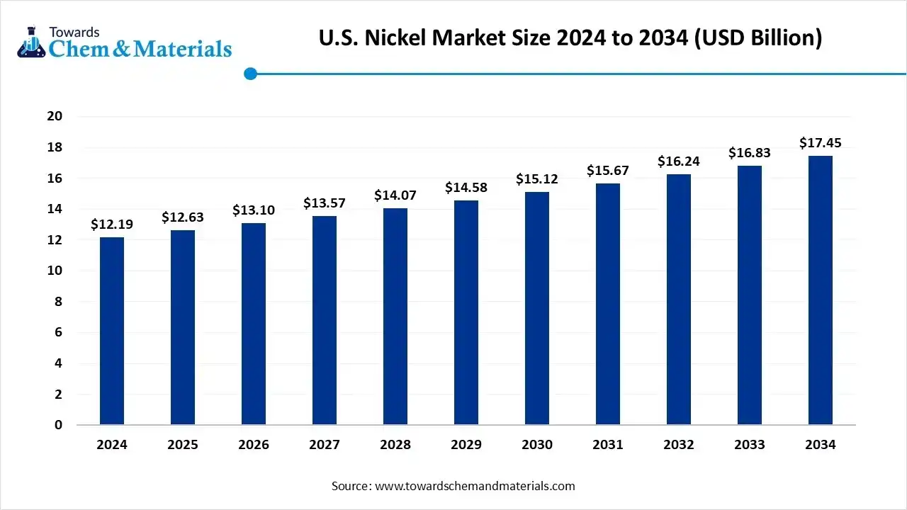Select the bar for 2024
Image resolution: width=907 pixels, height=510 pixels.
tap(112, 331)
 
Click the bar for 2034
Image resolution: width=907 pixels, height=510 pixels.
tap(821, 290)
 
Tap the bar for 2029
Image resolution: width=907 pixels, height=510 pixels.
tap(466, 312)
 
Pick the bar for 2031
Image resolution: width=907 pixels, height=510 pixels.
tap(608, 304)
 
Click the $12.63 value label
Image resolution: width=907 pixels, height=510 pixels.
tap(183, 217)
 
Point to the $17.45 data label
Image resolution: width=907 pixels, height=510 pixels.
tap(821, 143)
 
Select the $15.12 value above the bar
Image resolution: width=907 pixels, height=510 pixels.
tap(537, 179)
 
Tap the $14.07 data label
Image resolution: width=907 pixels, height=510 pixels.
tap(395, 195)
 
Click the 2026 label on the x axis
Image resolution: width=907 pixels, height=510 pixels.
tap(254, 445)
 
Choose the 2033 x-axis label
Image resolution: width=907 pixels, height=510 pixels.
tap(750, 445)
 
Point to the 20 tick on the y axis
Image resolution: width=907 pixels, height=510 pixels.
tap(55, 116)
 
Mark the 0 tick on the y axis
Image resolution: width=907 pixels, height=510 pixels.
tap(59, 425)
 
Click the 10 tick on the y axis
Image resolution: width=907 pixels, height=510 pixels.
tap(55, 271)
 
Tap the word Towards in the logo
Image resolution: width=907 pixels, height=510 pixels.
tap(74, 32)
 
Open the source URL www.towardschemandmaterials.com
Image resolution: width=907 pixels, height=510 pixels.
tap(475, 486)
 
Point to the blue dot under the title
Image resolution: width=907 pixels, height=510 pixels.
tap(250, 74)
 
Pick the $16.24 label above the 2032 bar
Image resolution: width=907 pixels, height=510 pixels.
tap(679, 161)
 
